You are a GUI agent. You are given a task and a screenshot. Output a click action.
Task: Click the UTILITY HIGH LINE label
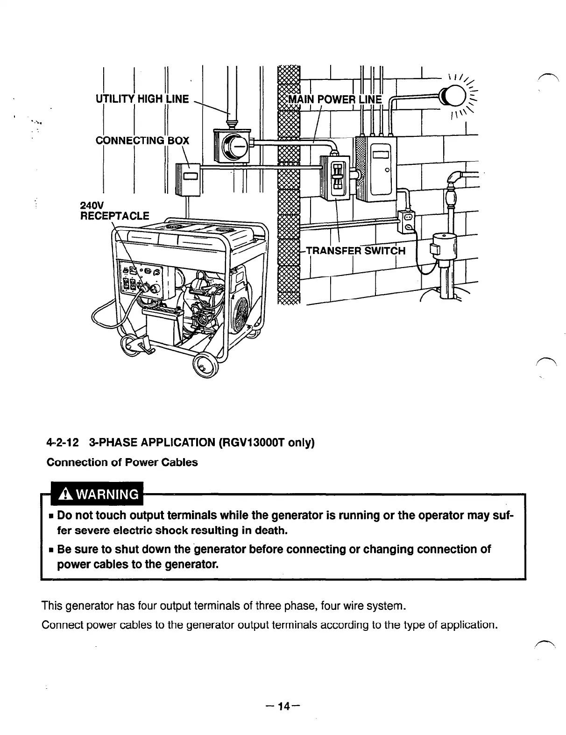coord(142,99)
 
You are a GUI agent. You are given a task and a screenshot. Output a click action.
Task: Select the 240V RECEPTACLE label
coord(115,211)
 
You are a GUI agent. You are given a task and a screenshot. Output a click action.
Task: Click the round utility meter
coord(233,145)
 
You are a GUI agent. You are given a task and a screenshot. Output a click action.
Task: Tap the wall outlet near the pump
coord(407,220)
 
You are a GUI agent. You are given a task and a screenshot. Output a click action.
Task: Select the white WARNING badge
coord(97,494)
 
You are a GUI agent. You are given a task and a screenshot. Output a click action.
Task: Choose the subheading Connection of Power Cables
coord(122,462)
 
